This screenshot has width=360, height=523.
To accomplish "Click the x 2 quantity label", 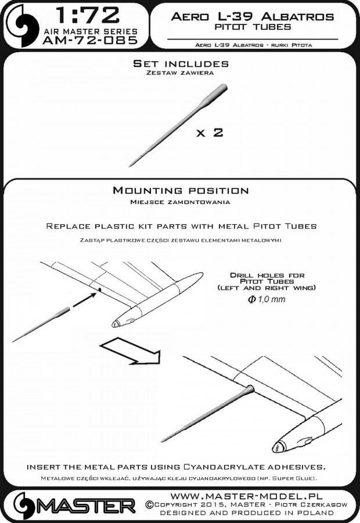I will [x=209, y=132].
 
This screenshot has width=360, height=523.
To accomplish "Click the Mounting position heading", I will [x=180, y=191].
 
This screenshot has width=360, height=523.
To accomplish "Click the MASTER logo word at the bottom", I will [x=87, y=504].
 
